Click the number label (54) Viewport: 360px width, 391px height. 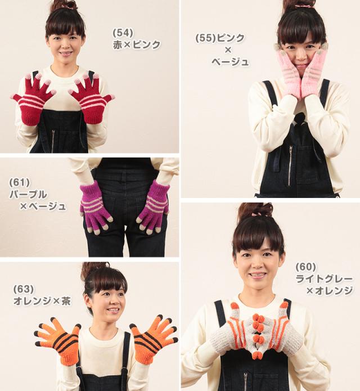122,33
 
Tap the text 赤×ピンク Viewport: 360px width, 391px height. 137,44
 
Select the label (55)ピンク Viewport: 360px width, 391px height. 220,38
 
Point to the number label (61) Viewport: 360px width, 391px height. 20,182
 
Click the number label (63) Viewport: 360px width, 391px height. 23,289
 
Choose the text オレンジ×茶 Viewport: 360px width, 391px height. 42,301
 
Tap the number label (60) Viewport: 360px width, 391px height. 306,266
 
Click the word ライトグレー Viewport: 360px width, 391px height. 324,278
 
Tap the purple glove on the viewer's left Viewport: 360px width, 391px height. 94,205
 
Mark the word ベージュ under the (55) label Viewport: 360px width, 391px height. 229,62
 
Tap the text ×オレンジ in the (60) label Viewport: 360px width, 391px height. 328,291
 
